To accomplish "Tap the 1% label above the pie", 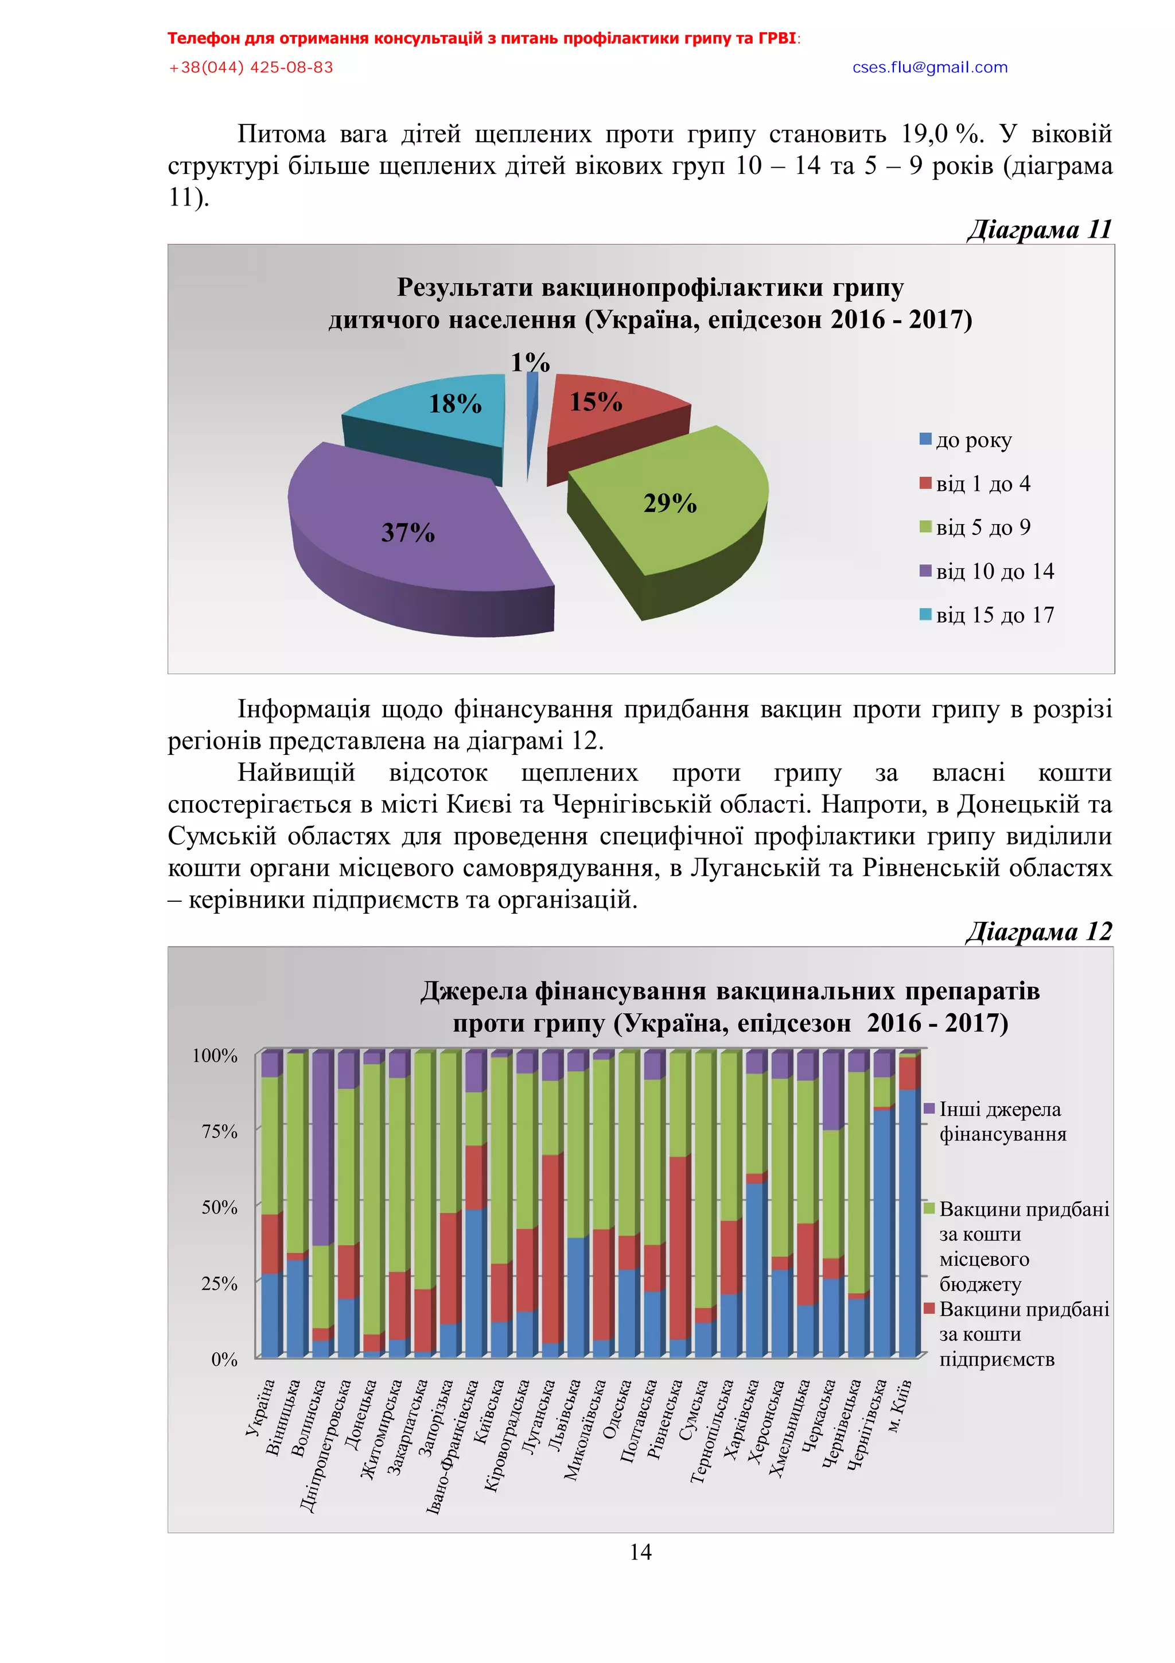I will [530, 362].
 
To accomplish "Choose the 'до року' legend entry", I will [972, 440].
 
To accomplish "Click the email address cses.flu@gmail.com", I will [929, 67].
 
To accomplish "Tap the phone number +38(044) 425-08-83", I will [251, 67].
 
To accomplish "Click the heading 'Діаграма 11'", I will [1039, 229].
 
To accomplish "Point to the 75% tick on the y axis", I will [219, 1131].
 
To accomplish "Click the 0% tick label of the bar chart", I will [224, 1359].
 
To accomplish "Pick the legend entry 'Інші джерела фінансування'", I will [1001, 1121].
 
